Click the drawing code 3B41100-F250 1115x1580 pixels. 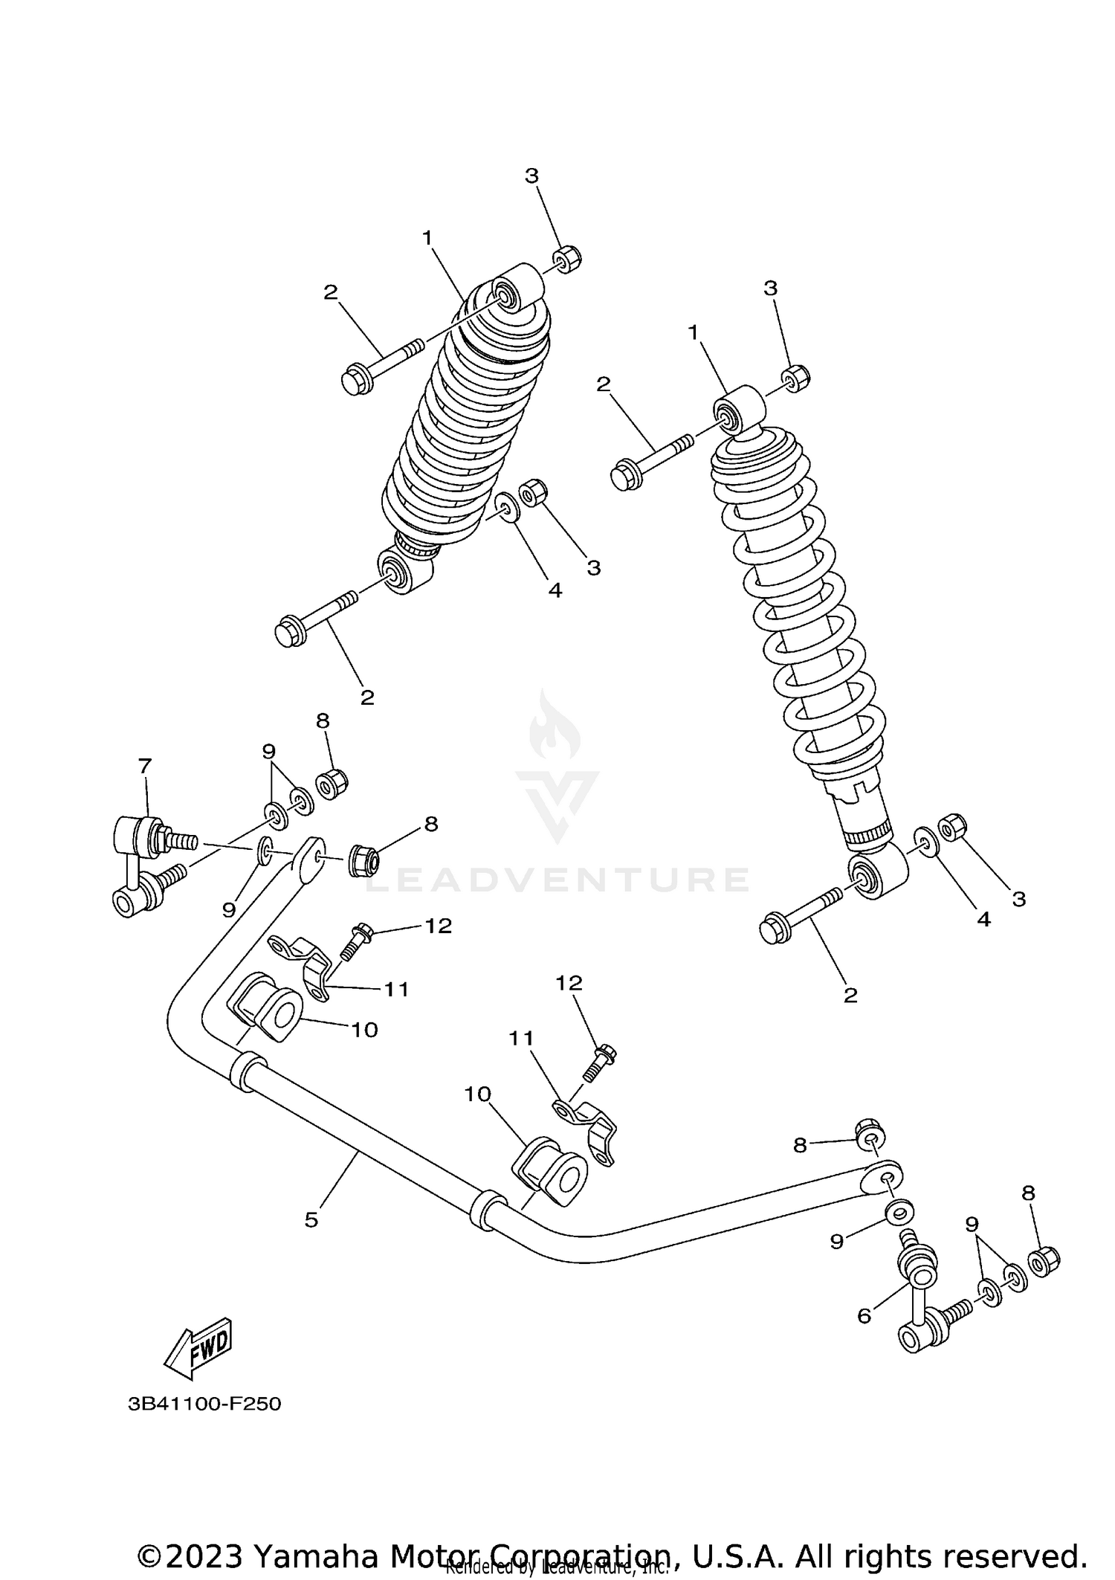204,1404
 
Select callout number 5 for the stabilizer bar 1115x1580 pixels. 311,1219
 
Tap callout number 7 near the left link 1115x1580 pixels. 144,765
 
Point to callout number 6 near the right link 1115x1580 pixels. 864,1315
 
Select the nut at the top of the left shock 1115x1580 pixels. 566,258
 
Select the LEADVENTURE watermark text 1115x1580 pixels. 557,880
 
